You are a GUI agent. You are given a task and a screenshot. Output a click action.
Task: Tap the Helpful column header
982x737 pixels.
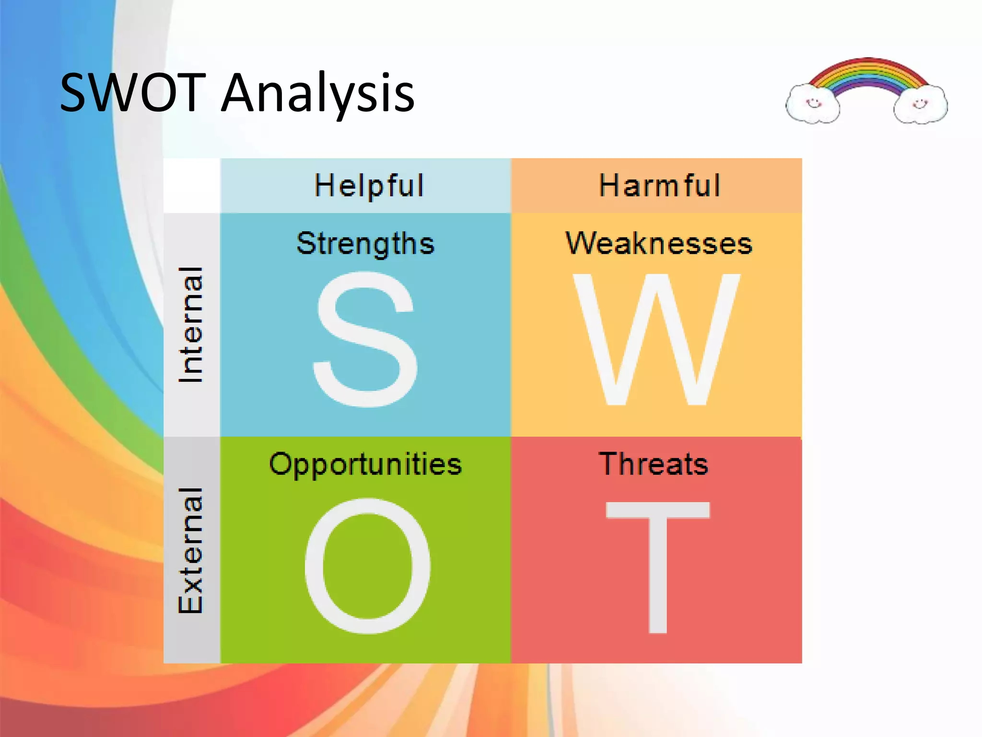click(369, 186)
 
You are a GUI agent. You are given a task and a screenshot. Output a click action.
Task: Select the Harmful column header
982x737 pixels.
click(659, 186)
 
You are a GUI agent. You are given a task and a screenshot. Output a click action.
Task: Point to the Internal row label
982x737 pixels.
click(191, 325)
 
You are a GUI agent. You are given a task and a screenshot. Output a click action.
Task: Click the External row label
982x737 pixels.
click(191, 550)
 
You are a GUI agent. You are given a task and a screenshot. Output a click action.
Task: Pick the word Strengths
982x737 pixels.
click(365, 243)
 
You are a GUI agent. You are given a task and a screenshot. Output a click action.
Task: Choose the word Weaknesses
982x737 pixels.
click(659, 243)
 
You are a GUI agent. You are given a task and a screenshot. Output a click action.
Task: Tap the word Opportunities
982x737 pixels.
click(365, 464)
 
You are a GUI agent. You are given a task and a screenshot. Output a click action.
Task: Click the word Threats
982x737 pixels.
click(653, 464)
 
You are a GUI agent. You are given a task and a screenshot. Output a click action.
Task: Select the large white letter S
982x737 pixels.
click(365, 339)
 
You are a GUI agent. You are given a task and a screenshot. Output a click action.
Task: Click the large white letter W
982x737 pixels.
click(656, 340)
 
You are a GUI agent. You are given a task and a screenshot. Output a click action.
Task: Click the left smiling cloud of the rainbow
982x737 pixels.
click(813, 104)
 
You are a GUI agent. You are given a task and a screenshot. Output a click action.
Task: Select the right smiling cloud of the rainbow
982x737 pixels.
click(920, 104)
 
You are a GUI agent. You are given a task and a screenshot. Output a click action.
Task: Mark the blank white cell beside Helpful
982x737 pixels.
click(192, 186)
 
